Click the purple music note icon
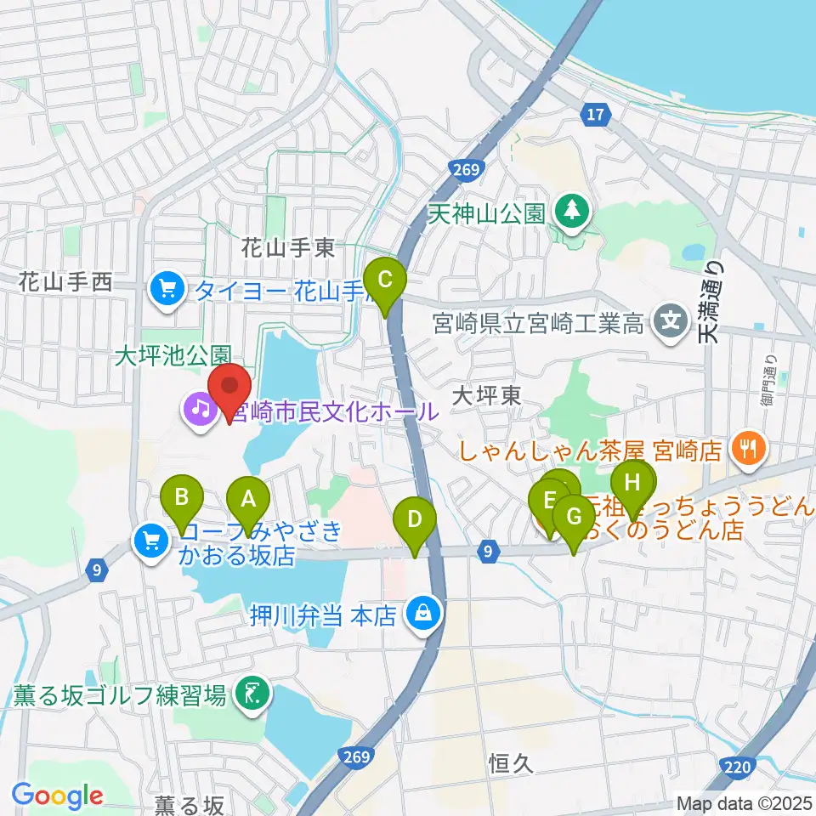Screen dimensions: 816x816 [200, 412]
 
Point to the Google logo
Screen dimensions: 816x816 [58, 795]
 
